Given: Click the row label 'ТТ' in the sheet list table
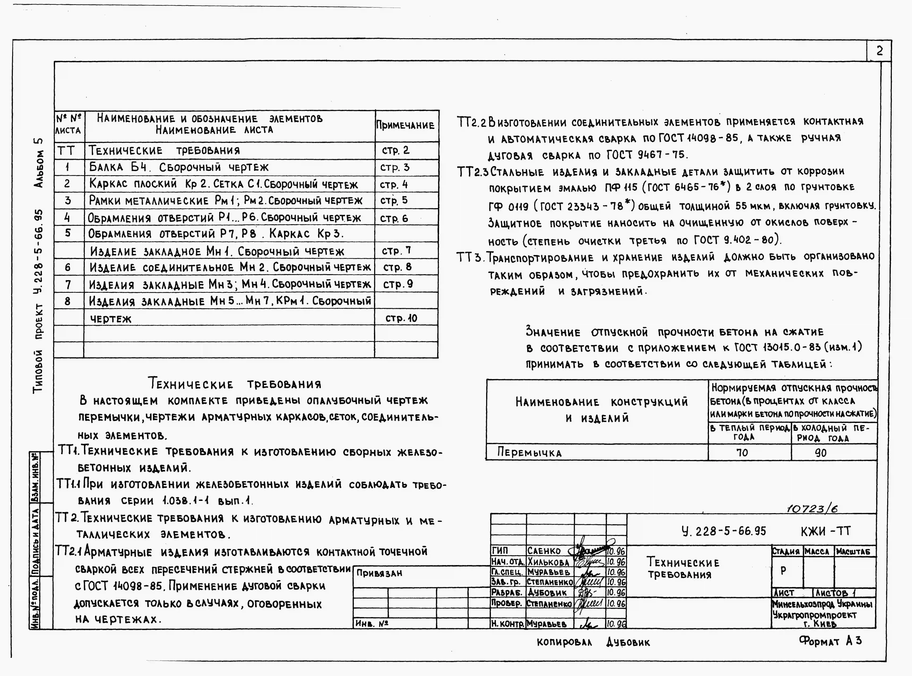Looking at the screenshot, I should (x=66, y=151).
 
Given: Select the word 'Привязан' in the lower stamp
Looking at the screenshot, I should (x=379, y=573).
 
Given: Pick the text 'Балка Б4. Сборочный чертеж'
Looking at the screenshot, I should (x=179, y=167).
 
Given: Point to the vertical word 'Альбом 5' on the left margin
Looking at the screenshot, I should (x=39, y=163).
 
